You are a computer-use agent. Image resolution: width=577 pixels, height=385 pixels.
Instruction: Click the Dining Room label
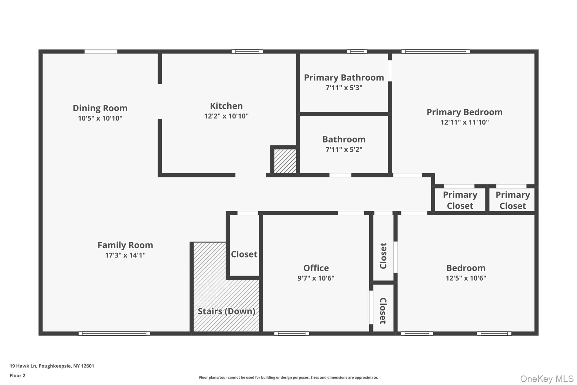(x=100, y=108)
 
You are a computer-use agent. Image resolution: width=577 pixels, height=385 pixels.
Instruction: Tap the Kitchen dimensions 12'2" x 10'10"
(x=226, y=116)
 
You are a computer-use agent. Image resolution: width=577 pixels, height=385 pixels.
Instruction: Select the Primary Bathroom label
(x=344, y=77)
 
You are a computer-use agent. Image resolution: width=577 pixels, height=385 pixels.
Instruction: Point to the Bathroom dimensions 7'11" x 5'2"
(x=344, y=149)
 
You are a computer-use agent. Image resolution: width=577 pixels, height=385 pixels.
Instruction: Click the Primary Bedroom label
(x=464, y=112)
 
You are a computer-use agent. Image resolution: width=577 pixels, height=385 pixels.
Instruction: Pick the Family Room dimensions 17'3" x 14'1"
(x=125, y=255)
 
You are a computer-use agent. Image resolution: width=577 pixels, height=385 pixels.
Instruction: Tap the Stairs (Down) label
(x=226, y=311)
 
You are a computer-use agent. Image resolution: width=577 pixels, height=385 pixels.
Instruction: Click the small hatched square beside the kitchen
(x=285, y=161)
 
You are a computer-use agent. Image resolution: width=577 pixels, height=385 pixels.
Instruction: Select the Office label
(x=316, y=268)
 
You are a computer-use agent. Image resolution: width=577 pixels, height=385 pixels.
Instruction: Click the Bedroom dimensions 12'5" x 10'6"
(x=466, y=278)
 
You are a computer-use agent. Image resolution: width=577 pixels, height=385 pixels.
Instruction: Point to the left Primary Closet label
(x=460, y=200)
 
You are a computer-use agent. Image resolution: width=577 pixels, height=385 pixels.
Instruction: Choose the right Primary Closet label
(x=512, y=200)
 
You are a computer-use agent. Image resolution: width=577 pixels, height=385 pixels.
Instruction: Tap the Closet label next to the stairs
(x=244, y=254)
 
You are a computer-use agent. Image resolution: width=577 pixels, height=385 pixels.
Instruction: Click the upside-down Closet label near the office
(x=383, y=311)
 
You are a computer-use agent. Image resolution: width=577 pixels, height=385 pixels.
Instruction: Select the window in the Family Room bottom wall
(x=114, y=333)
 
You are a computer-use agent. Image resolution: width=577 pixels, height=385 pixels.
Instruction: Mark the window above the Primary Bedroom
(x=435, y=51)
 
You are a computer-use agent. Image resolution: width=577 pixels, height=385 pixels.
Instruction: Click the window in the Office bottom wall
(x=292, y=333)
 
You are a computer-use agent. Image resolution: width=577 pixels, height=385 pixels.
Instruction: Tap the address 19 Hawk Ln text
(x=52, y=366)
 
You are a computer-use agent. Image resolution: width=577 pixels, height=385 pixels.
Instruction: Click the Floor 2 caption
(x=17, y=375)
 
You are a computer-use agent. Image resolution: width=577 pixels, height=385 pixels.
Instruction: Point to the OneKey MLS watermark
(x=547, y=379)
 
